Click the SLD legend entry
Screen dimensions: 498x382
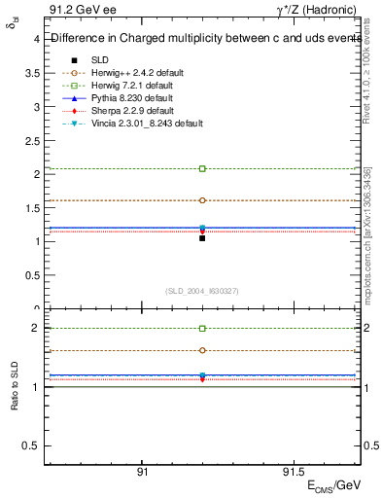(x=98, y=59)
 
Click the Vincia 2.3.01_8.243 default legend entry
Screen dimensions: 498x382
(x=140, y=124)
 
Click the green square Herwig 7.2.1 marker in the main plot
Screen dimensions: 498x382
(x=202, y=169)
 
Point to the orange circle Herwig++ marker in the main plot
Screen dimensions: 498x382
(x=202, y=200)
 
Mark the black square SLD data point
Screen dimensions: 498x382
(x=202, y=237)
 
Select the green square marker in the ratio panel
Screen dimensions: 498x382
(x=202, y=329)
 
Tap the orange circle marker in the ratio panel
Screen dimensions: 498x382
(x=202, y=350)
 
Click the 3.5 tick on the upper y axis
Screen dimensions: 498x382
(x=31, y=73)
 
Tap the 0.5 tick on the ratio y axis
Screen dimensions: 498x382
(x=30, y=445)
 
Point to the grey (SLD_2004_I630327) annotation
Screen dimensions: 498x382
(x=202, y=291)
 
